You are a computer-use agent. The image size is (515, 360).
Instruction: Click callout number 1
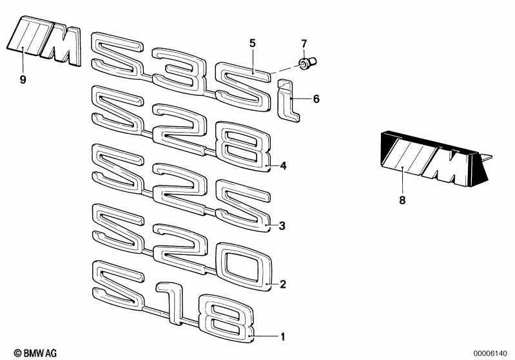click(x=282, y=336)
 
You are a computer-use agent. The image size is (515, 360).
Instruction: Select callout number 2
click(x=283, y=284)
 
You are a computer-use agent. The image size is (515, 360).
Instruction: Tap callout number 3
click(x=282, y=226)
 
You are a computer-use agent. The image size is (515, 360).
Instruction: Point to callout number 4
click(x=283, y=166)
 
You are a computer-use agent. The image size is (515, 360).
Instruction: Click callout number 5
click(x=252, y=43)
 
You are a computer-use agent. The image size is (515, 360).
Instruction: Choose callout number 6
click(x=316, y=99)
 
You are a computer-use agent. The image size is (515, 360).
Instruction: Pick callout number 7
click(x=304, y=44)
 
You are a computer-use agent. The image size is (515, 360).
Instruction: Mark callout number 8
click(x=402, y=200)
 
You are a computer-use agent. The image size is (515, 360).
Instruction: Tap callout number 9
click(x=23, y=79)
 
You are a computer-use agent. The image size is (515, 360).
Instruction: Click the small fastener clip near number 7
click(x=307, y=63)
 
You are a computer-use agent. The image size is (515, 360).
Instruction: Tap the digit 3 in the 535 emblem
click(x=179, y=71)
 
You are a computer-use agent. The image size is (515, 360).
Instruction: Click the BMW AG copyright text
click(x=35, y=353)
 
